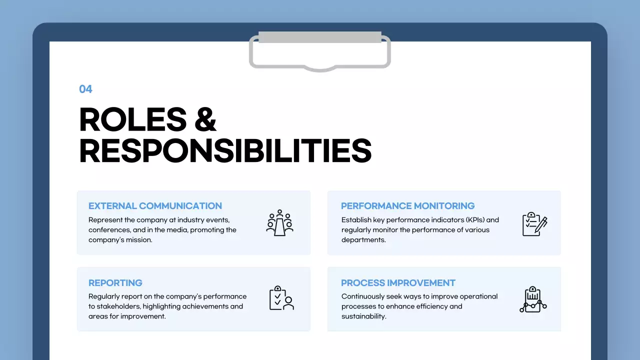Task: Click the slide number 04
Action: (x=85, y=89)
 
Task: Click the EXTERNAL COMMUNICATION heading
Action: (x=155, y=206)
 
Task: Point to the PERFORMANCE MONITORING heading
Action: (x=407, y=206)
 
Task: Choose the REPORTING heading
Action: (x=115, y=283)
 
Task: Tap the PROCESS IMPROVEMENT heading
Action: (x=398, y=283)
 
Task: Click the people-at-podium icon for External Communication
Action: (x=279, y=223)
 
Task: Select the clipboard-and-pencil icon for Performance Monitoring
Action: (x=534, y=224)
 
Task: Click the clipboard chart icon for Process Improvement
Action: (x=533, y=299)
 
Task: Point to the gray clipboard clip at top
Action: (x=320, y=50)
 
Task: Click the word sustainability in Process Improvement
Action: (x=363, y=316)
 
